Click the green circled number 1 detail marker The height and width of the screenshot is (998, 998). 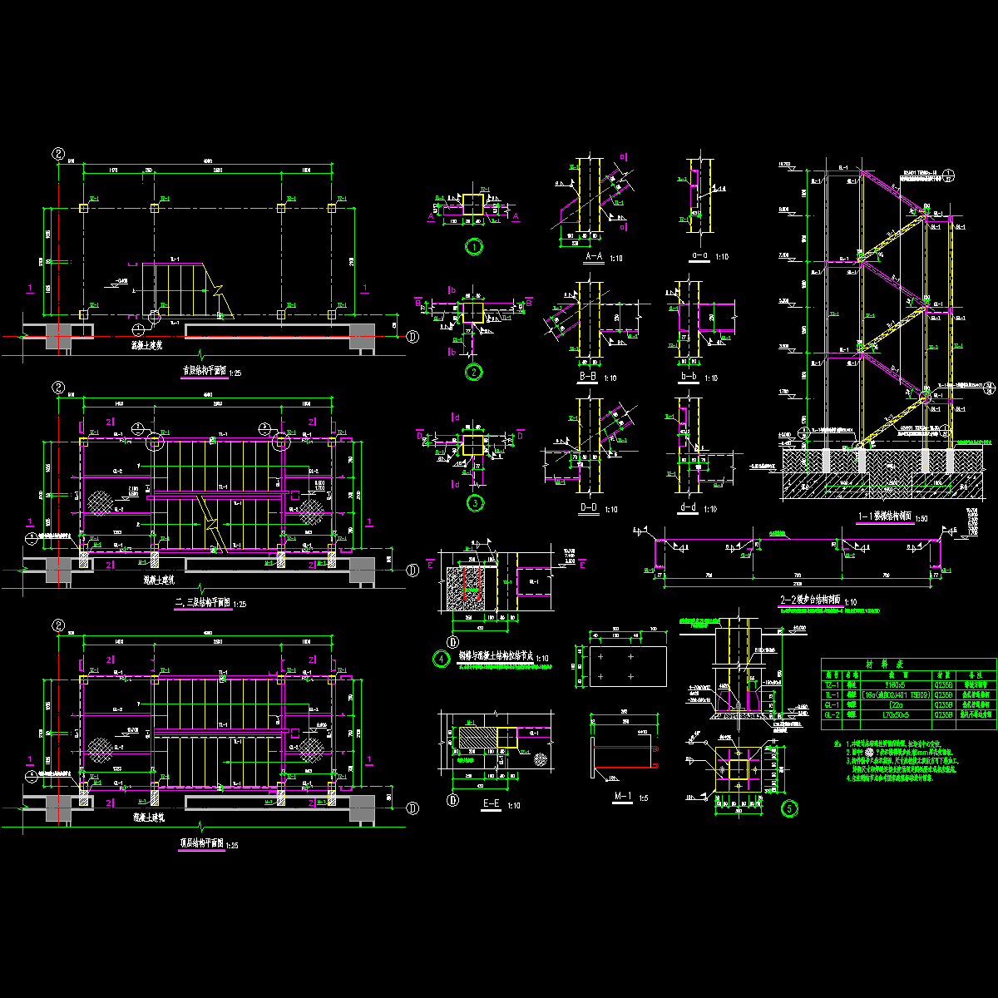[x=473, y=246]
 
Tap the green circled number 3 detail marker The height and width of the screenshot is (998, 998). [x=473, y=502]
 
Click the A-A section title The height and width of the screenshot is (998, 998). [x=595, y=258]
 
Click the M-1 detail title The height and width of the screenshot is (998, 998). [x=622, y=797]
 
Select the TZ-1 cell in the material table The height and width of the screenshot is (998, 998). [x=830, y=684]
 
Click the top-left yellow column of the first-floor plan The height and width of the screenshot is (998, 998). [x=83, y=208]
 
